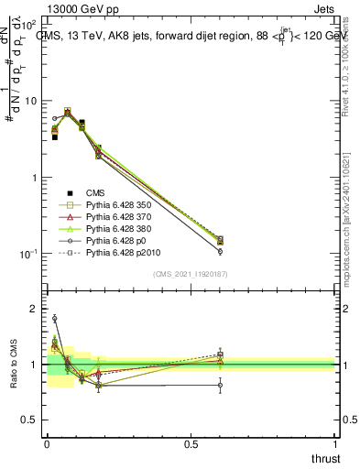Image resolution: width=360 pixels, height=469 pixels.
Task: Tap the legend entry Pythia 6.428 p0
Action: coord(116,249)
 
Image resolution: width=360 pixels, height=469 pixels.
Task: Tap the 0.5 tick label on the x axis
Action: coord(191,444)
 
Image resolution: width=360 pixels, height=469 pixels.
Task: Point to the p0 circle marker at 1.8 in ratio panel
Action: coord(54,319)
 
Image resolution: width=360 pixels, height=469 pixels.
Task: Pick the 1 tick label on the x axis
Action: coord(335,444)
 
